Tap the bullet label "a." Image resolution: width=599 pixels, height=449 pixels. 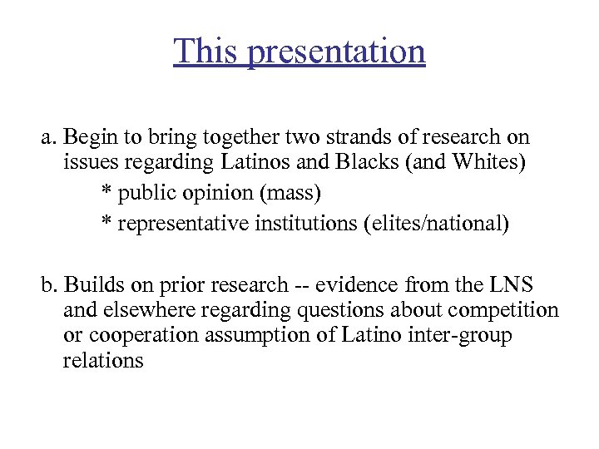pos(50,137)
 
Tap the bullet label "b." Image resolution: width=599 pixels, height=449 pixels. pos(51,285)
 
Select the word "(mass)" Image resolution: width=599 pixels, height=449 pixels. pos(290,194)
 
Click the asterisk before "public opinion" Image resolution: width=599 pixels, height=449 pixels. pos(106,193)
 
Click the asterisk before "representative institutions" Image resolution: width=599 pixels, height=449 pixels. pos(106,224)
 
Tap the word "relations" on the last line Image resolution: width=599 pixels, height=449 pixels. pos(102,360)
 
